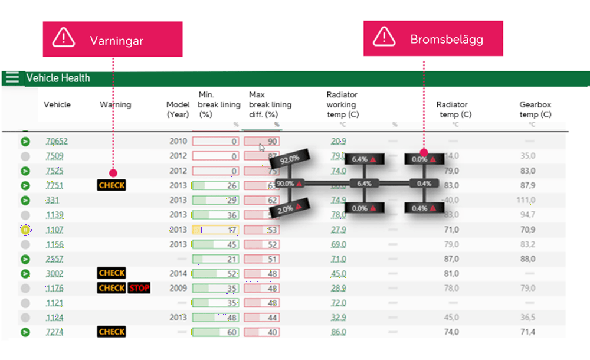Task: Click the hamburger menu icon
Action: pos(11,78)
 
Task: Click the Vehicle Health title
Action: pos(58,78)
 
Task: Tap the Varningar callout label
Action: pos(113,40)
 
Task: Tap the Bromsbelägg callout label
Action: pos(433,39)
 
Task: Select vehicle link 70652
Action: pos(57,142)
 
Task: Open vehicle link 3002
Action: pos(54,274)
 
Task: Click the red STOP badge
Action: pos(139,288)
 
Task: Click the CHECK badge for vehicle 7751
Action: pos(112,185)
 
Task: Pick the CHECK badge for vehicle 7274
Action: pos(112,332)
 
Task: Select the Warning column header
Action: pos(115,104)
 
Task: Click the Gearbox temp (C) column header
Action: pos(535,109)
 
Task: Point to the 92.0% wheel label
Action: pos(290,160)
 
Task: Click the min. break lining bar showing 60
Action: pos(215,332)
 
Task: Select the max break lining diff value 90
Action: pos(262,142)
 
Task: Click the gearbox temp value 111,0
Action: pos(526,200)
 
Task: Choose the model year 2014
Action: pos(178,274)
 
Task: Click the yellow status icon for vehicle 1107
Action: pos(25,230)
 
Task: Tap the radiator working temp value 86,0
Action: pos(339,332)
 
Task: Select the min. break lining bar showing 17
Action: pos(215,230)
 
